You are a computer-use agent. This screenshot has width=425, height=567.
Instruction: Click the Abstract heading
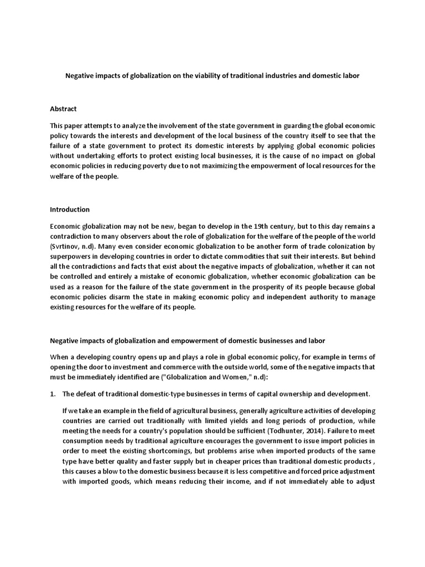coord(64,109)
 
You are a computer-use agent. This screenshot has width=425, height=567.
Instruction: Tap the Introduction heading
coord(70,210)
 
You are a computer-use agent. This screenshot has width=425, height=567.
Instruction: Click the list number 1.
coord(53,394)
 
